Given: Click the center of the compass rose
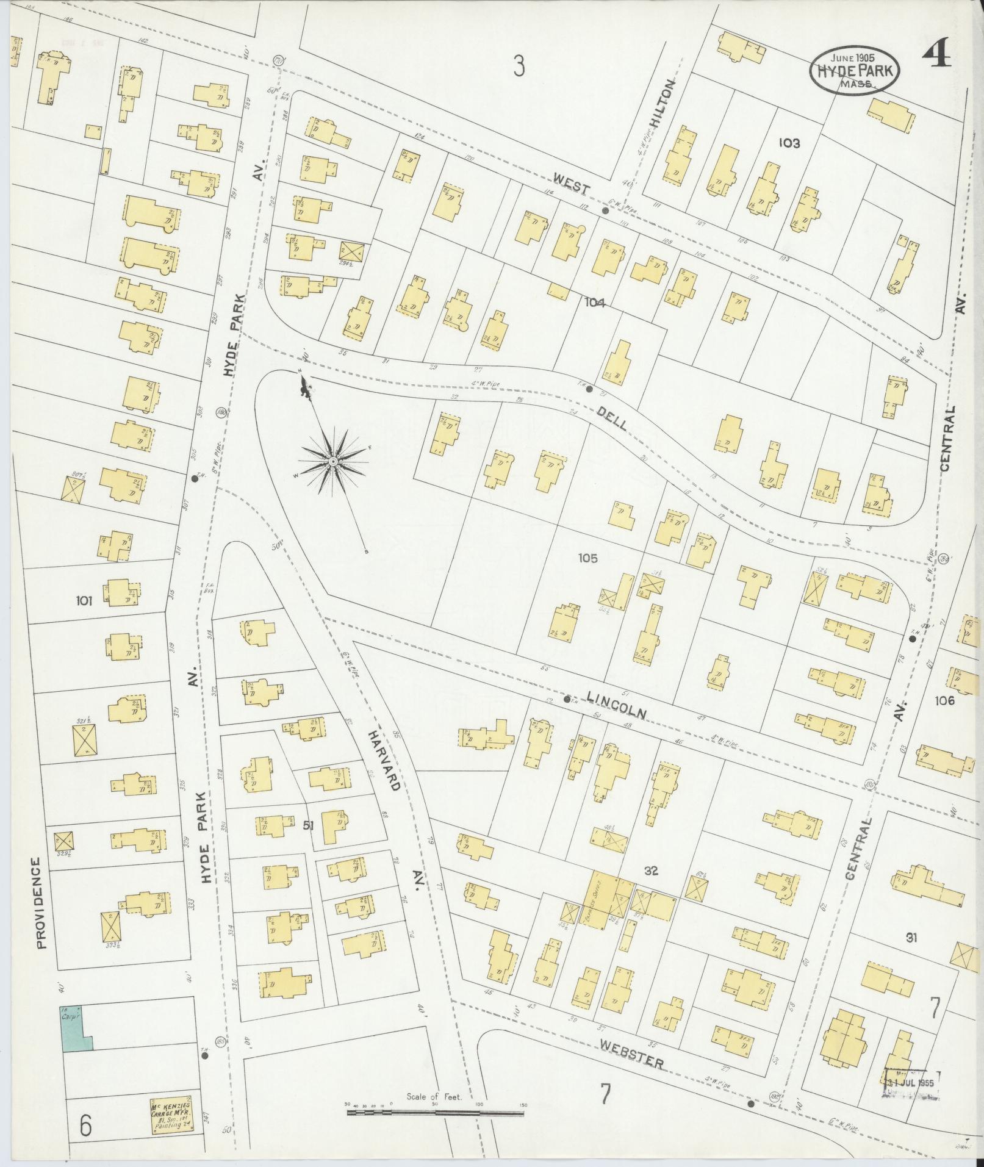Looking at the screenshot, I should (333, 462).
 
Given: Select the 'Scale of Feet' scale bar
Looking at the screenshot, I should (434, 686).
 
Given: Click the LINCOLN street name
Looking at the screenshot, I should (616, 704).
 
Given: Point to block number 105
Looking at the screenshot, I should (589, 558).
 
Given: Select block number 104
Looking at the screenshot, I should (594, 301).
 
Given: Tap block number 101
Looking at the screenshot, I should (84, 601).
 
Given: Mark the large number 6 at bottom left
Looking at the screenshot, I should (85, 1126).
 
